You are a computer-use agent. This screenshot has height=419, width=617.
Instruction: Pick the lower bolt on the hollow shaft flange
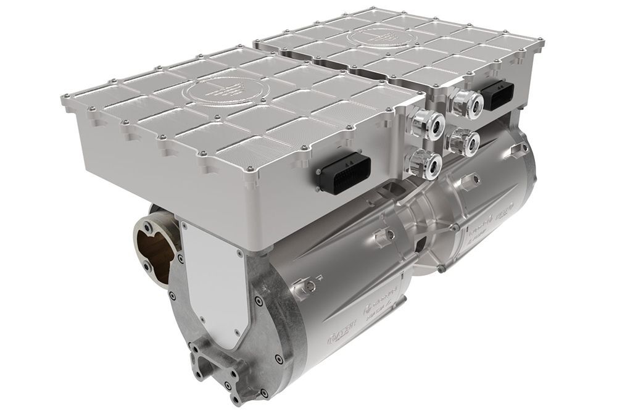[146, 267]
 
